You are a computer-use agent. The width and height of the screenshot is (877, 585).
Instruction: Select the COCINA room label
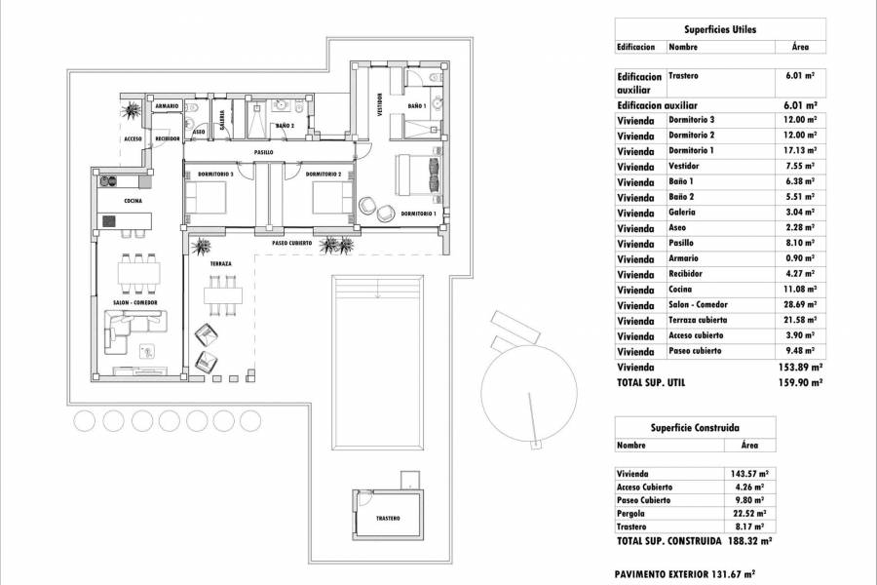pos(133,201)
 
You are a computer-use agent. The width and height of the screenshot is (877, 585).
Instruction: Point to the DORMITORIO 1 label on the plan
pos(417,213)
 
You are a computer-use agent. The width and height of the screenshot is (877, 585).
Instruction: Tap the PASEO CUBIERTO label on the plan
pos(291,243)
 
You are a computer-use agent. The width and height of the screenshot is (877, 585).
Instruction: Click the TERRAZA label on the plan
pos(219,263)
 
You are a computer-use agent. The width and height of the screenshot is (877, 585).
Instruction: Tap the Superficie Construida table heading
pos(695,427)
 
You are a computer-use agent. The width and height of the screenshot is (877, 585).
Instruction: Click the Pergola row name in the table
pos(632,513)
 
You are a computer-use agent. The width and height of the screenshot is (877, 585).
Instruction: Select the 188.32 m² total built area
pos(750,540)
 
